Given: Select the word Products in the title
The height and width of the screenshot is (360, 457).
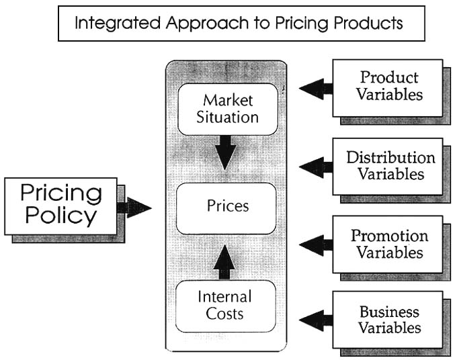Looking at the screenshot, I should (367, 24).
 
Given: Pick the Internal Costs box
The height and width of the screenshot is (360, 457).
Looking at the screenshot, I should (225, 305).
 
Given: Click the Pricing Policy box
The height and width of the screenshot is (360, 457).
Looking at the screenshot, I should (60, 206).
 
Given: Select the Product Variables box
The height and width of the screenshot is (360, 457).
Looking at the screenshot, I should (388, 87).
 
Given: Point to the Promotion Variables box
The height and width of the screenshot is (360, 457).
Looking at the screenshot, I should (388, 244).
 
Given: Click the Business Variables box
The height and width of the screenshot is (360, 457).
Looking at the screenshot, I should (388, 320).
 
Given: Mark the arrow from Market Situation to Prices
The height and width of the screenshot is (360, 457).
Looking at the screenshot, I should (226, 152).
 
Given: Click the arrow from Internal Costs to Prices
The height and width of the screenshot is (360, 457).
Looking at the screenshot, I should (225, 263).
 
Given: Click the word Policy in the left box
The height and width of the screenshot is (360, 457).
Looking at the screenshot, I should (60, 217).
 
